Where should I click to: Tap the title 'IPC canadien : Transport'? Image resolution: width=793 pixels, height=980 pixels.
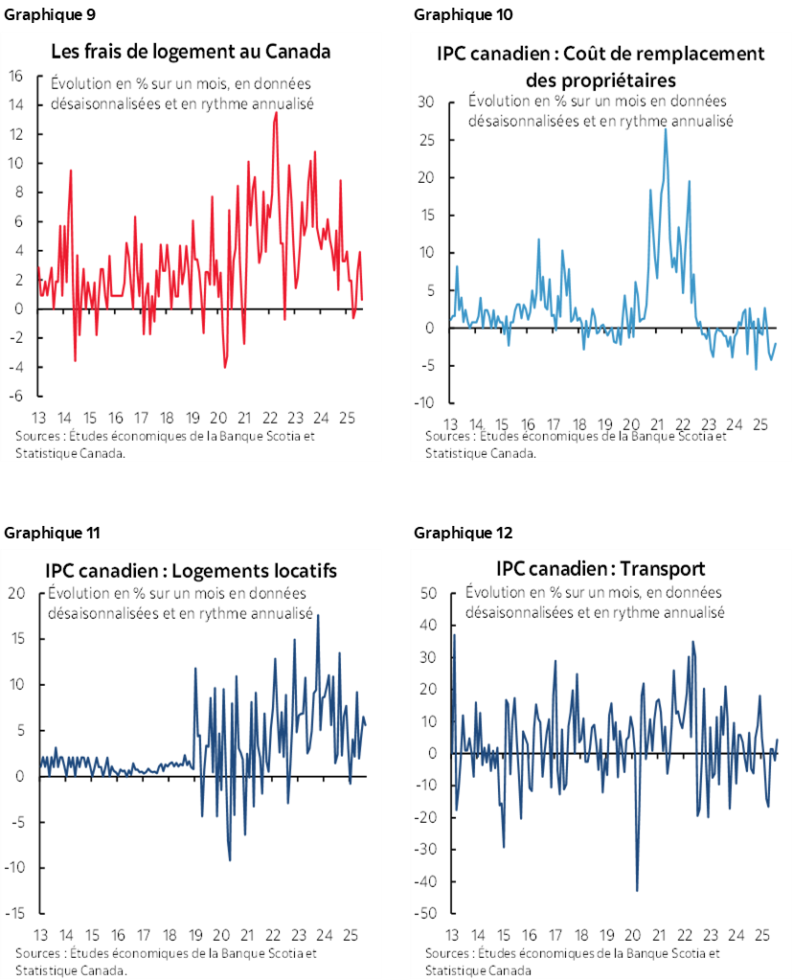point(600,567)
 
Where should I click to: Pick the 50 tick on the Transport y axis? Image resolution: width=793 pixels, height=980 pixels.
point(427,593)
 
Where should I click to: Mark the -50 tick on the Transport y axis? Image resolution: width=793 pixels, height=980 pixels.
point(425,914)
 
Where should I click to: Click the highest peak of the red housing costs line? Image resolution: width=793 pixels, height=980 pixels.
point(277,112)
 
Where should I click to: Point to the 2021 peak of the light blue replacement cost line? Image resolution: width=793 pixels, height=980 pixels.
point(666,128)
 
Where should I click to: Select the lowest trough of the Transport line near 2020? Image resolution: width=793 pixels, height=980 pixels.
point(637,891)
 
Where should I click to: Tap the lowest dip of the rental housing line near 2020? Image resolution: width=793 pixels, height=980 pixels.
point(230,859)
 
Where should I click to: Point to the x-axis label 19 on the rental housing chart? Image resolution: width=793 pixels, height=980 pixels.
point(194,935)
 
